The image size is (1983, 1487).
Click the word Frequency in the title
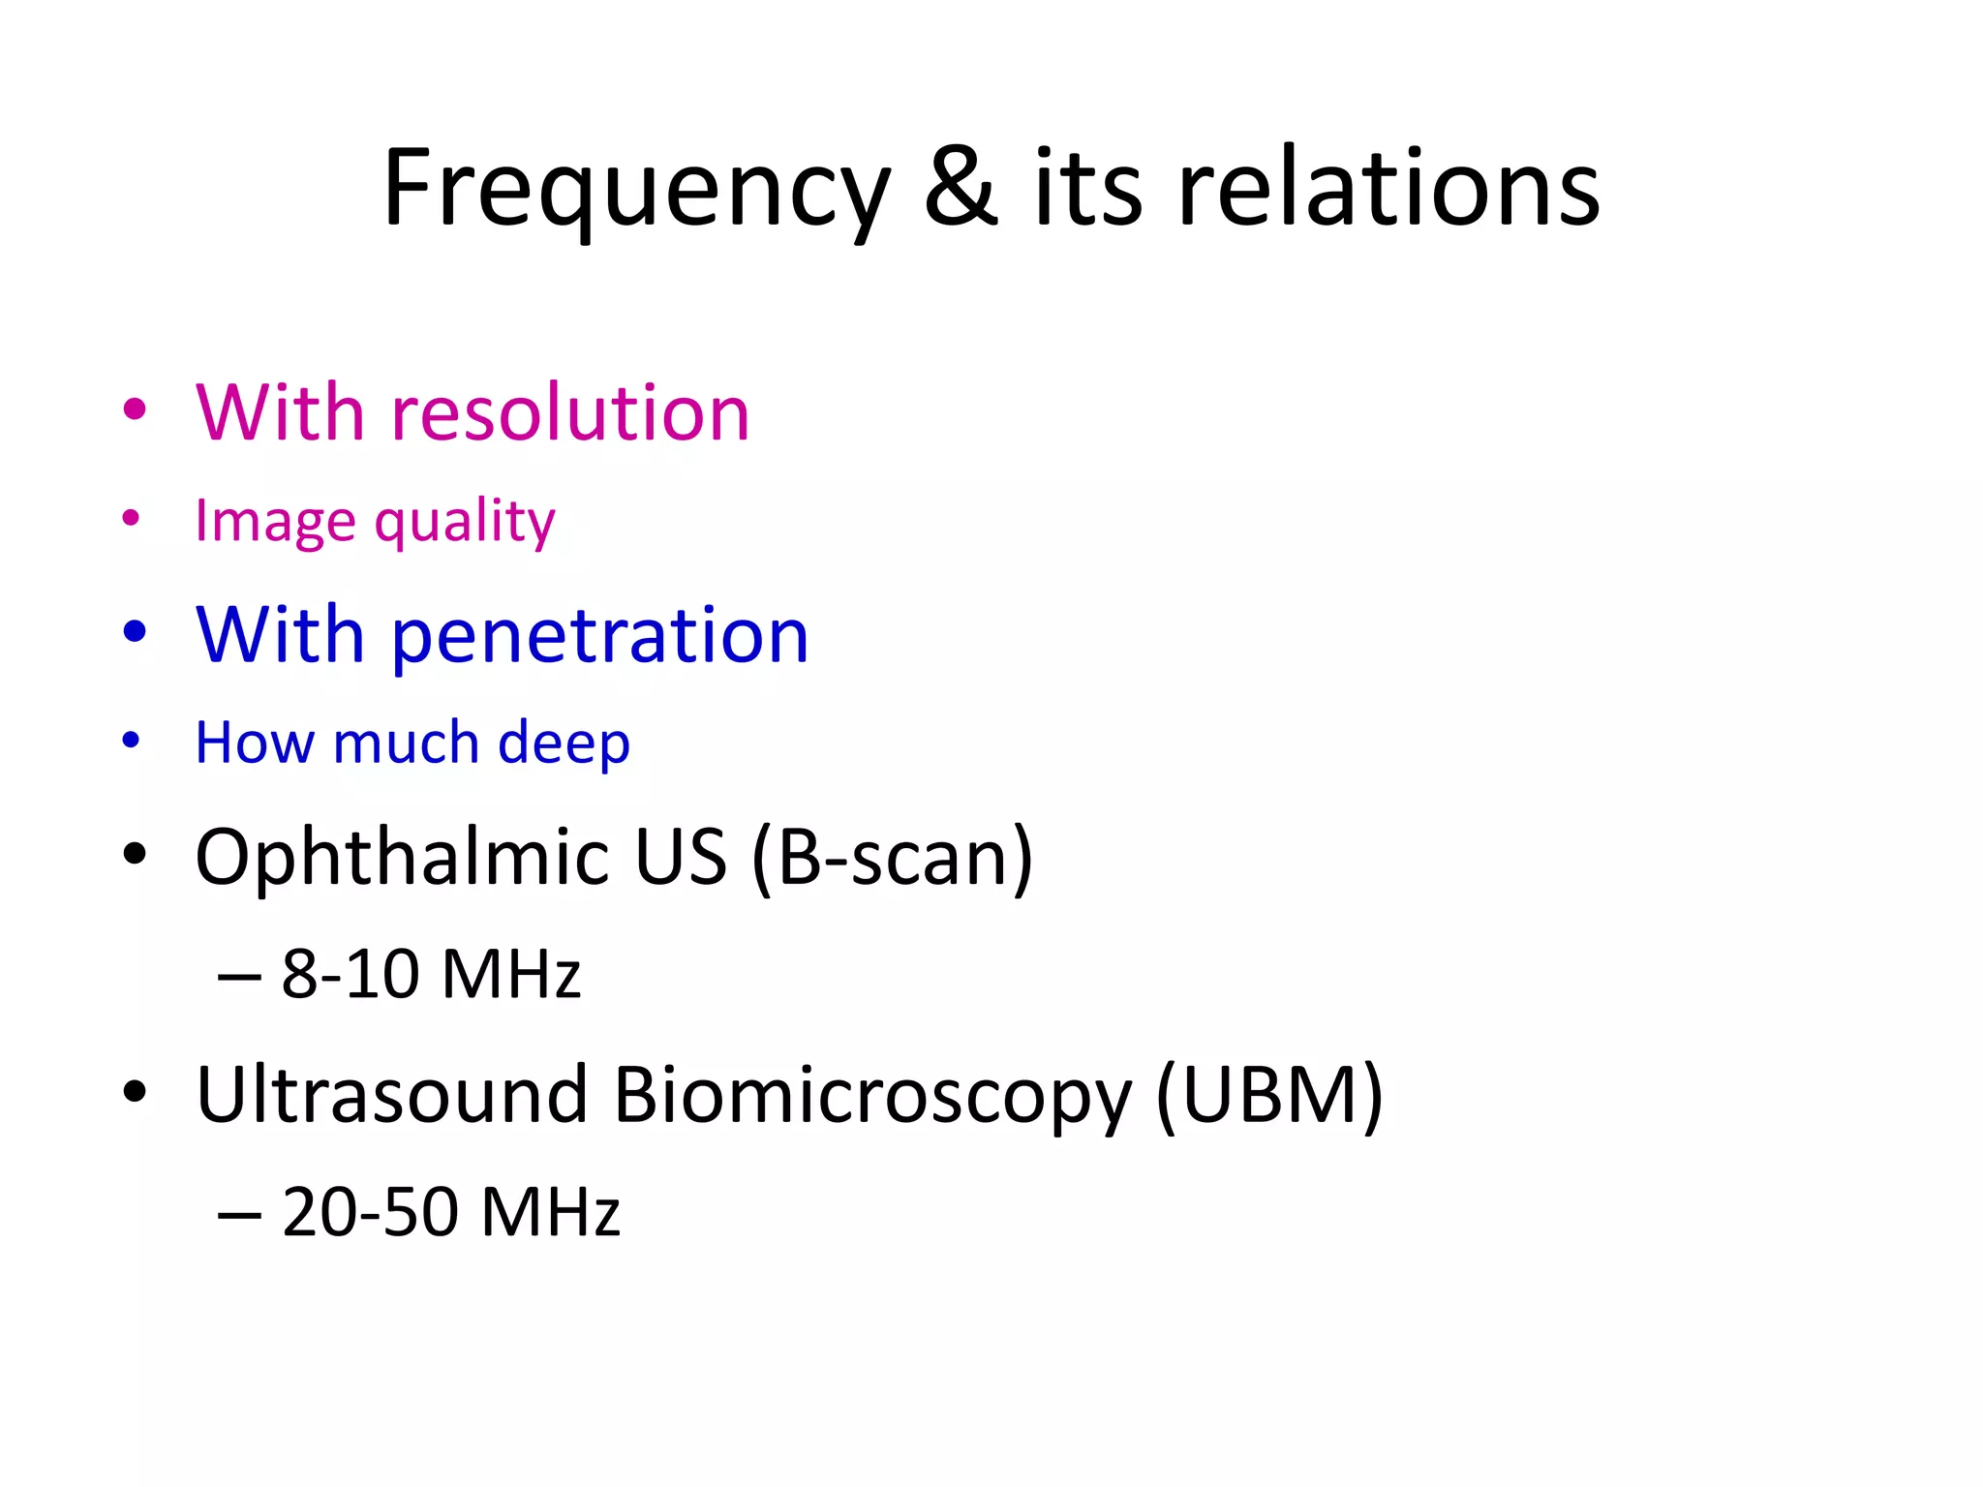[x=635, y=190]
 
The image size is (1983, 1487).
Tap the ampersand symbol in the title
[x=960, y=188]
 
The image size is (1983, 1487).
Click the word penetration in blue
[x=599, y=635]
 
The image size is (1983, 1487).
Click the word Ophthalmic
[x=402, y=858]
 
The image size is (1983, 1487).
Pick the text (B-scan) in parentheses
[x=892, y=858]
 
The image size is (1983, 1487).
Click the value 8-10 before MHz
[x=350, y=974]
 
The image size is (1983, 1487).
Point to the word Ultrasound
[x=391, y=1095]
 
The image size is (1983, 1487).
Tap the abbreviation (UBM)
[x=1269, y=1095]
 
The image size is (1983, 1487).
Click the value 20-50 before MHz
[x=370, y=1212]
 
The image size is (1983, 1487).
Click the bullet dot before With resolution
[x=135, y=409]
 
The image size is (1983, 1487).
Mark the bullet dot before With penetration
[x=135, y=631]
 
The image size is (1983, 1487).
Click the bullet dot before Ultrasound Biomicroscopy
[x=135, y=1092]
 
